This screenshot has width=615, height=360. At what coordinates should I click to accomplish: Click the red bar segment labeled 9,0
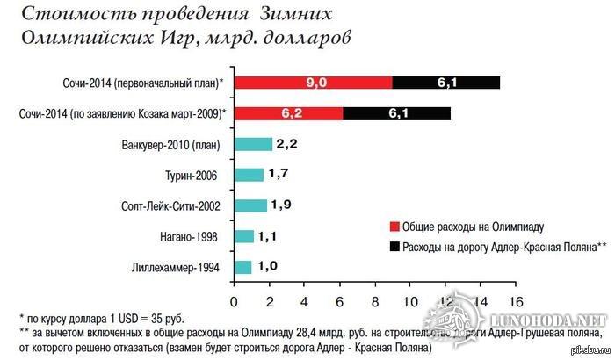(313, 83)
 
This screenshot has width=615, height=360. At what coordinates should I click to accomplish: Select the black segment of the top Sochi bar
(445, 83)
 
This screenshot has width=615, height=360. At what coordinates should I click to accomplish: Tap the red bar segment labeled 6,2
(287, 113)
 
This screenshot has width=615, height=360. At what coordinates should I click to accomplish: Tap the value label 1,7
(279, 175)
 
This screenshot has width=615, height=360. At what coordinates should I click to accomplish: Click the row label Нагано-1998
(187, 237)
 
